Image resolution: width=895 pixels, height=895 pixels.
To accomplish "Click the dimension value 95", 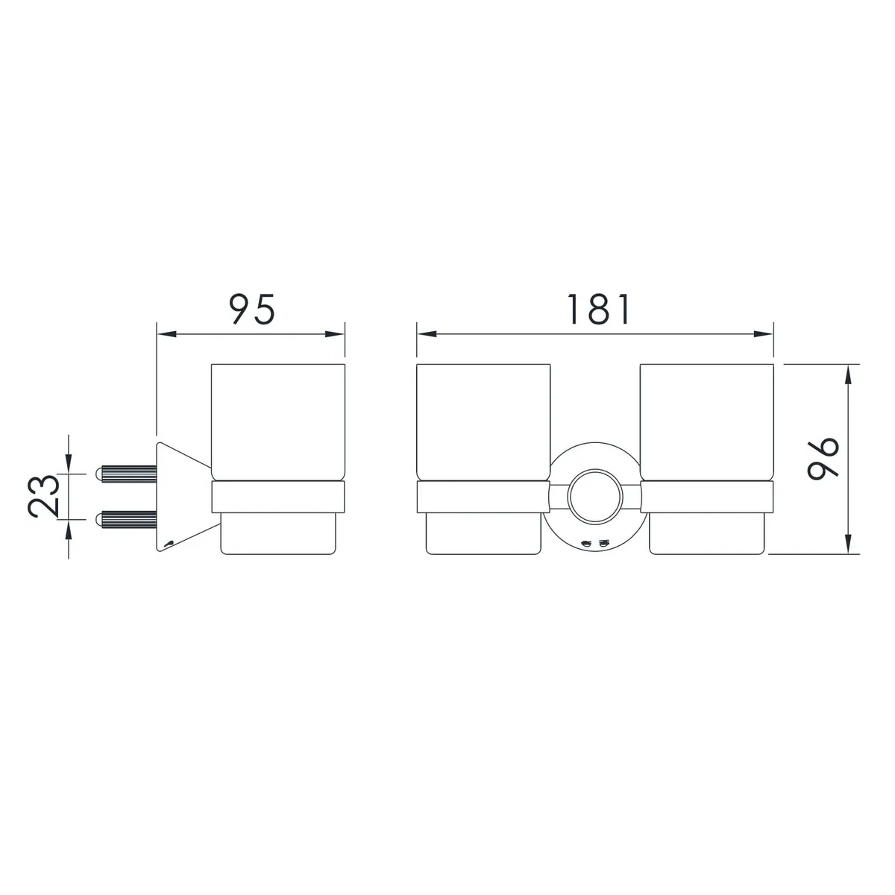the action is pyautogui.click(x=252, y=309).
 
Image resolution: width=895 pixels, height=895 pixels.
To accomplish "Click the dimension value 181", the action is pyautogui.click(x=599, y=309).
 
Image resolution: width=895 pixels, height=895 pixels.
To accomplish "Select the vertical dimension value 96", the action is pyautogui.click(x=823, y=459).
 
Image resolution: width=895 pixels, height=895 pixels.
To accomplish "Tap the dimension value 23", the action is pyautogui.click(x=44, y=496).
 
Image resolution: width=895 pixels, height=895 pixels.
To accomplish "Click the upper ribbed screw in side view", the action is pyautogui.click(x=126, y=474).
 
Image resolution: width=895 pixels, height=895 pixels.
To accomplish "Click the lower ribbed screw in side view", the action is pyautogui.click(x=126, y=519).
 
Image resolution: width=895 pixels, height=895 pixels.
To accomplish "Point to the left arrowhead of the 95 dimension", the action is pyautogui.click(x=167, y=334).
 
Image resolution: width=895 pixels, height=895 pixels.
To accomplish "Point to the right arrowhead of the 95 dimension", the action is pyautogui.click(x=335, y=334).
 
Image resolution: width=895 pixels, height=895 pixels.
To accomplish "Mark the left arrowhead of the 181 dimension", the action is pyautogui.click(x=427, y=334).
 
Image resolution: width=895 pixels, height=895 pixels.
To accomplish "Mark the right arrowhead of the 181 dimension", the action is pyautogui.click(x=764, y=334).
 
